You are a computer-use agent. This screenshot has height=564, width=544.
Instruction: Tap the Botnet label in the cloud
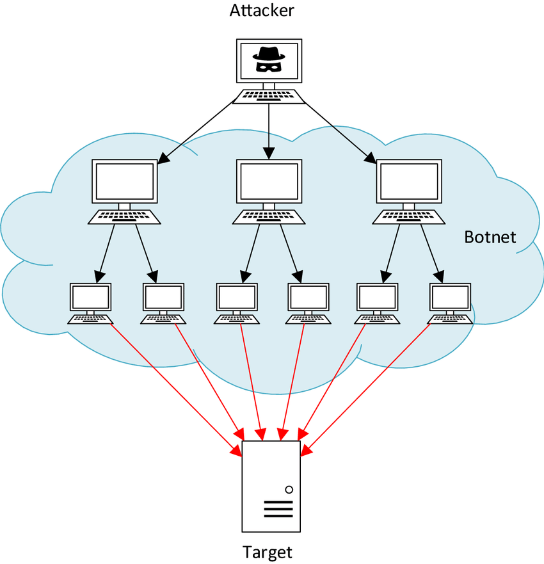490,237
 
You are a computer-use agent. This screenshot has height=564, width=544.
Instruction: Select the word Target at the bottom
268,552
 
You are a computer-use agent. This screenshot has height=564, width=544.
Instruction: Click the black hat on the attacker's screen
268,54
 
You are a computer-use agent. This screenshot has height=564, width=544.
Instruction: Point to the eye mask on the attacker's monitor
268,65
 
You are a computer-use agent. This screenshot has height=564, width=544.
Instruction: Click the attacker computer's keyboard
268,96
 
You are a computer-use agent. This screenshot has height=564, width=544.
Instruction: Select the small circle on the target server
289,489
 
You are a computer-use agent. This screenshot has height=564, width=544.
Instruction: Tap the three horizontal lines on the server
278,509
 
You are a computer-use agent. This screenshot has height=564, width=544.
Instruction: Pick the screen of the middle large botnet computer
269,181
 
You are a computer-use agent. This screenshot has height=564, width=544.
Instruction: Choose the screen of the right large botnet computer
409,181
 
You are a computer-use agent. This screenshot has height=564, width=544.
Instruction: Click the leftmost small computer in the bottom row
90,298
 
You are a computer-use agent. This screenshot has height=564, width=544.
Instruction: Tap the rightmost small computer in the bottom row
450,298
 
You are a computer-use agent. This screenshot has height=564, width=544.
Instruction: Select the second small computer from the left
163,298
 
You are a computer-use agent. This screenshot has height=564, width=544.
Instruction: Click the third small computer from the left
237,298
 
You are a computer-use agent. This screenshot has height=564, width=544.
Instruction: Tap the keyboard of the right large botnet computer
409,216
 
